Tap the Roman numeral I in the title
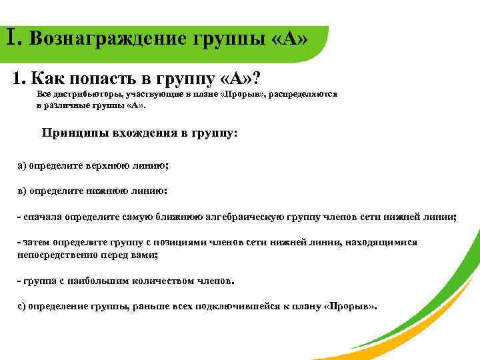pyautogui.click(x=12, y=36)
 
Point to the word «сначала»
pyautogui.click(x=43, y=217)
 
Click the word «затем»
pyautogui.click(x=36, y=242)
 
